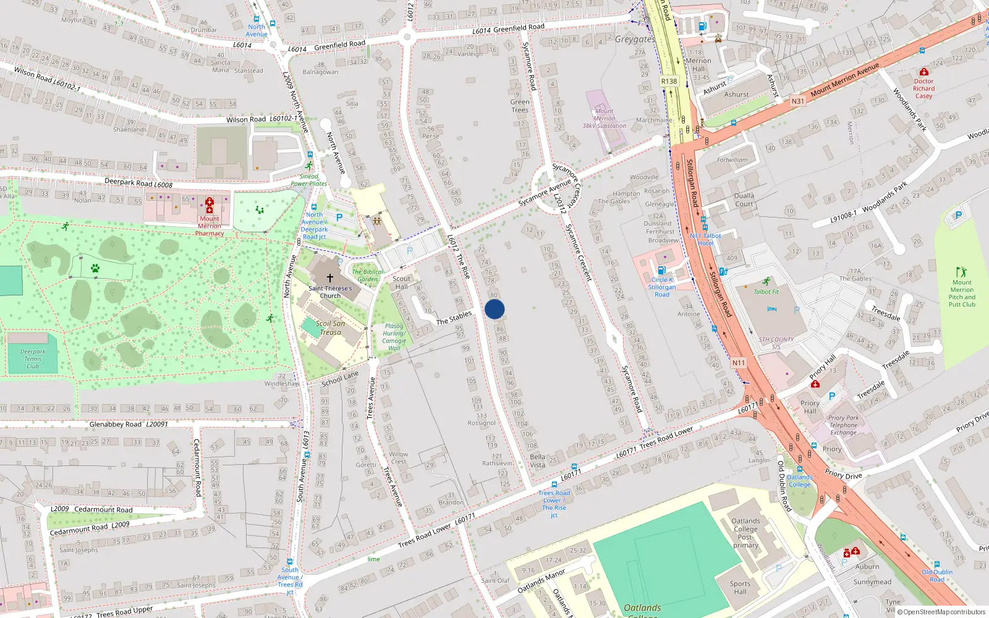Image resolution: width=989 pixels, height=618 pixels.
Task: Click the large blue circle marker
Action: coord(494,309)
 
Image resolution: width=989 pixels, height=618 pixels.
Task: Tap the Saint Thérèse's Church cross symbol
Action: coord(329,278)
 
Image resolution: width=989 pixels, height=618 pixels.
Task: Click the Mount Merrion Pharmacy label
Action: coord(210,226)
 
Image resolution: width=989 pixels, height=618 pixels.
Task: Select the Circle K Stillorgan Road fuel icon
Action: coord(661,270)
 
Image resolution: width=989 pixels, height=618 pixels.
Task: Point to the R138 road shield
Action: coord(669,81)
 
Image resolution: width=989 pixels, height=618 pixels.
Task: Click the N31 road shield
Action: coord(798,101)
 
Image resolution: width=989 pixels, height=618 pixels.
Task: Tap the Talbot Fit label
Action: coord(766,292)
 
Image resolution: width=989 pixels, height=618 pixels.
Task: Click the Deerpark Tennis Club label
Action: coord(32,358)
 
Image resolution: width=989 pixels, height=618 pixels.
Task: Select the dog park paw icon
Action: coord(95,268)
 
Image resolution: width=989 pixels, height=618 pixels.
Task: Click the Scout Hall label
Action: coord(401,282)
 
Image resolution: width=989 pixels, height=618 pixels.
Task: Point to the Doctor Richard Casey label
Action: coord(923,88)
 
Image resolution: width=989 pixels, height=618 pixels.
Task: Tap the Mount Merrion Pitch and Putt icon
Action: coord(961,271)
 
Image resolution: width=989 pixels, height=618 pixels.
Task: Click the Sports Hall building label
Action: coord(740,587)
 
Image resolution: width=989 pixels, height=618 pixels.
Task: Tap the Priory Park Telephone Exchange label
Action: coord(843,425)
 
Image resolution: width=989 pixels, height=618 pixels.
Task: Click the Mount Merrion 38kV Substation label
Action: coord(604,119)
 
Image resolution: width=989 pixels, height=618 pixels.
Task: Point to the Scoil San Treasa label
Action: coord(330,328)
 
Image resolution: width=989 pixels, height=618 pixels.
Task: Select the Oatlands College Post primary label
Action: coord(745,533)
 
